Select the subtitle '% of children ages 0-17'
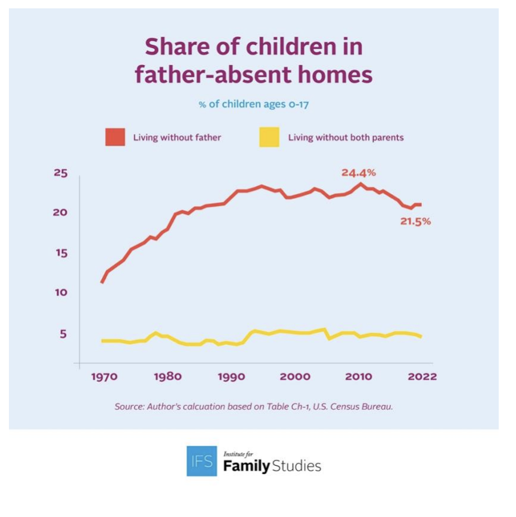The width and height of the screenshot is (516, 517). tap(253, 104)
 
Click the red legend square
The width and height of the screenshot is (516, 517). tap(115, 137)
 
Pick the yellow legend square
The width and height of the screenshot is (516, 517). tap(269, 137)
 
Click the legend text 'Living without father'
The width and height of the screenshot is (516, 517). tap(177, 138)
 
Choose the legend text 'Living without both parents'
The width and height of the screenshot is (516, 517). tap(346, 138)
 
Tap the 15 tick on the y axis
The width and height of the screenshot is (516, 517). tap(61, 253)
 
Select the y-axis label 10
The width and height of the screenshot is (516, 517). tap(61, 293)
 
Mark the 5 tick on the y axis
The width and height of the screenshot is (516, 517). tap(62, 334)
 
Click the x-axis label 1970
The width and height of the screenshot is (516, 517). tap(104, 376)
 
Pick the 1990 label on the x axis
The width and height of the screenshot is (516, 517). tap(231, 376)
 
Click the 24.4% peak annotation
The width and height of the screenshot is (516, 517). tap(358, 173)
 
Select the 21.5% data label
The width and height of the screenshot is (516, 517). tap(415, 222)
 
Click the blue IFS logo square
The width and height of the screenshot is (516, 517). tap(201, 461)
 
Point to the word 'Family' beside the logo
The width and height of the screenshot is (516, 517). tap(247, 466)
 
